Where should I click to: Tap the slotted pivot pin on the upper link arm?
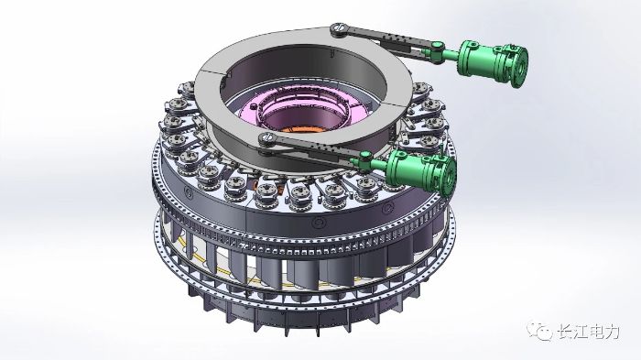pos(338,28)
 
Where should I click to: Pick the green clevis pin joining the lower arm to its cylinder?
pos(365,157)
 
